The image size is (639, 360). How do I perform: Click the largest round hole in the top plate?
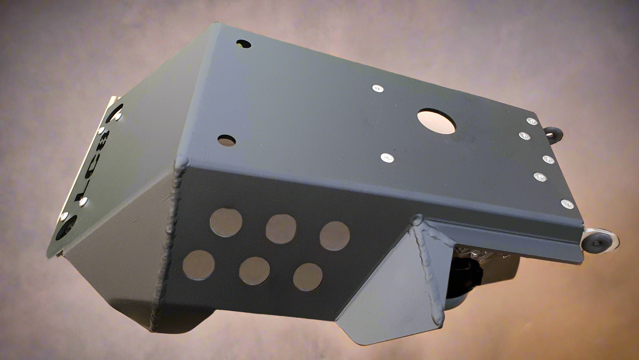click(x=436, y=121)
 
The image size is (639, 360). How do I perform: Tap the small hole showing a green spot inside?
click(x=244, y=44)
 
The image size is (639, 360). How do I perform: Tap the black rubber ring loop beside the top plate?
click(x=553, y=134)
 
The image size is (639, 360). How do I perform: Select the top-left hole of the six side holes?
click(x=226, y=222)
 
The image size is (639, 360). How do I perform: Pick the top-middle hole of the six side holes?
click(x=281, y=229)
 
